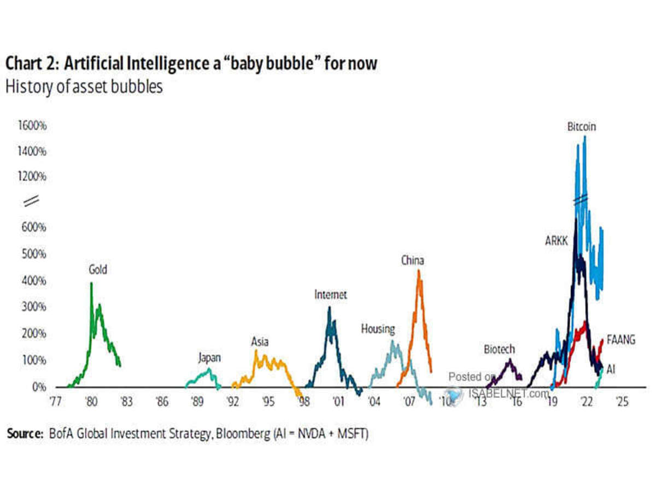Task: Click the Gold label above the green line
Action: (98, 270)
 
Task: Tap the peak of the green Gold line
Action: (91, 283)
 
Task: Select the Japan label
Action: (209, 358)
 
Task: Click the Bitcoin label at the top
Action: (581, 127)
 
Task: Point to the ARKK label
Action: (556, 240)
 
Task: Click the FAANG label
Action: (621, 340)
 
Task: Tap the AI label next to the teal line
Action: (611, 370)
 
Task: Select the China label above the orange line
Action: (412, 260)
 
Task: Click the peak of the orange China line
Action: (419, 270)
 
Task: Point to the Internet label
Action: (330, 295)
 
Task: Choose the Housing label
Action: (377, 329)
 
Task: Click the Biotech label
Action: (499, 349)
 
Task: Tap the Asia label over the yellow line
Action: (260, 342)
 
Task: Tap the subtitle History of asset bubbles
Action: (84, 87)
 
